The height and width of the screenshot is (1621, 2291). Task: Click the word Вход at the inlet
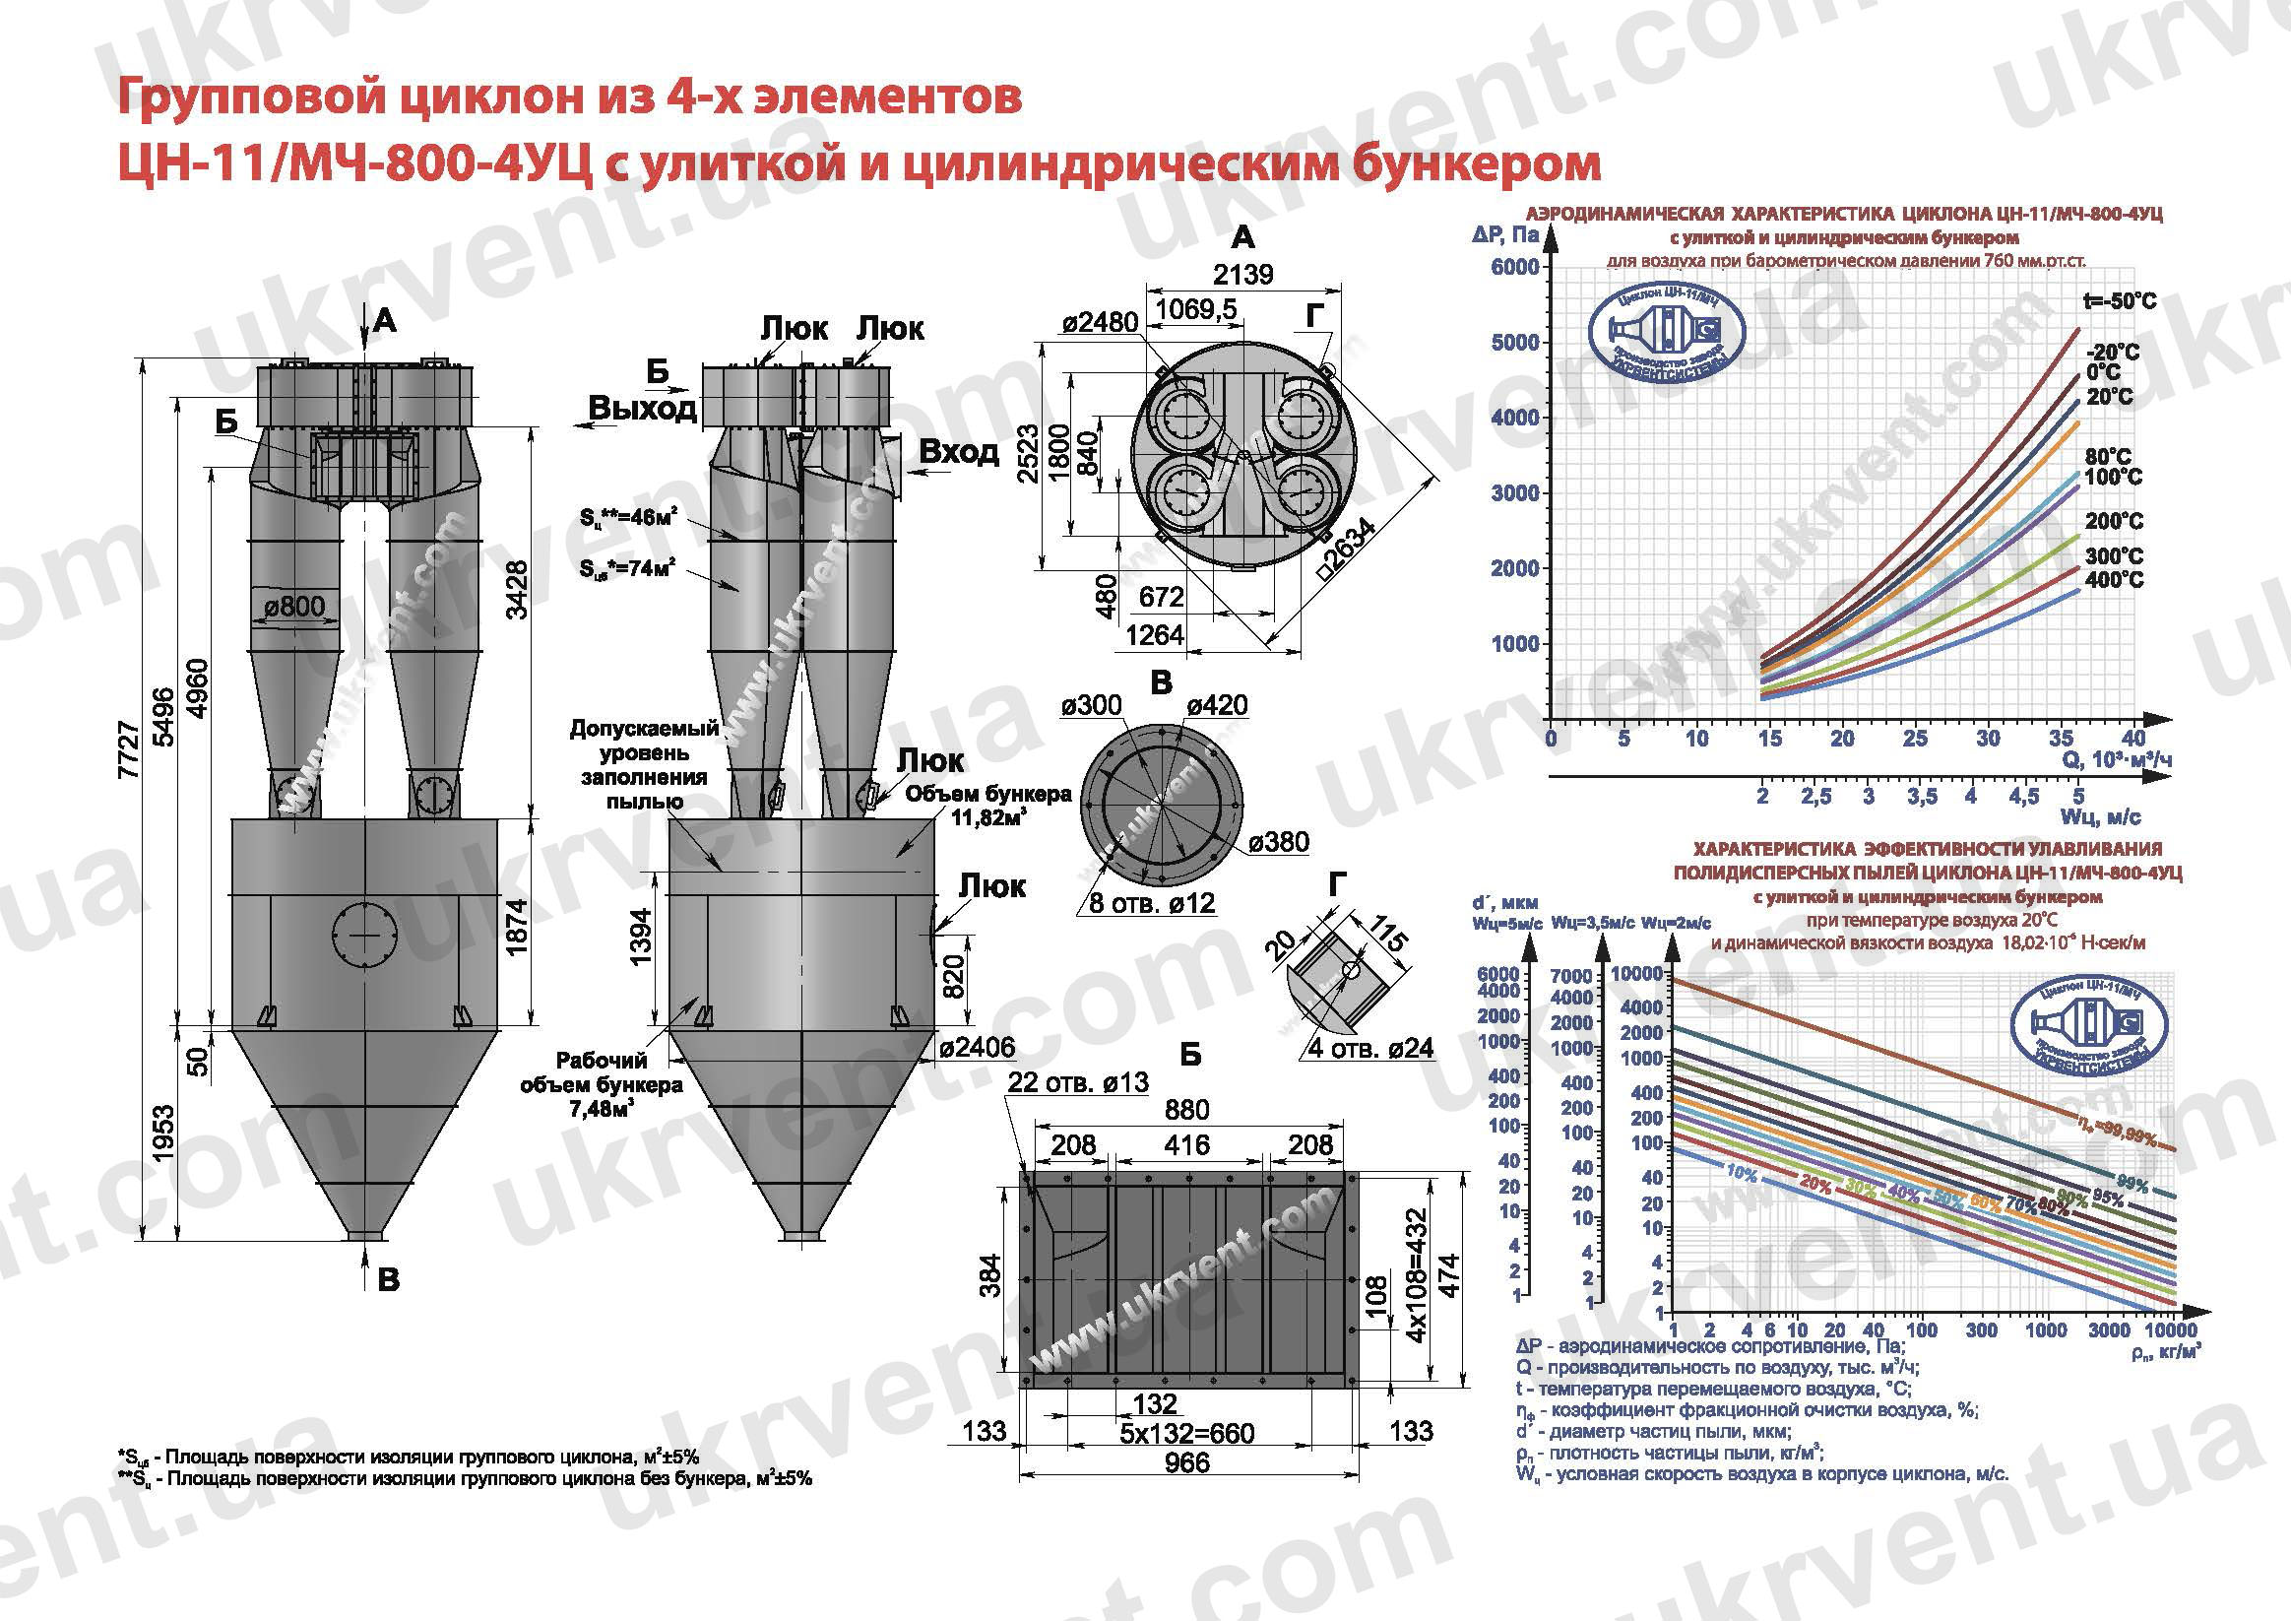point(958,452)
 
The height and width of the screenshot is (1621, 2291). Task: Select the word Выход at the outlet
point(642,408)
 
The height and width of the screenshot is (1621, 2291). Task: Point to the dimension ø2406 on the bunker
point(977,1047)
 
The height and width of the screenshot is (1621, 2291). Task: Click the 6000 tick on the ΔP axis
point(1514,268)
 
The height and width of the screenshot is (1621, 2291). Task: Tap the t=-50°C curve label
point(2120,300)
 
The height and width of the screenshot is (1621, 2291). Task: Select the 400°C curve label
point(2114,580)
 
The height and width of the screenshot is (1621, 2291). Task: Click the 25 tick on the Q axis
point(1915,739)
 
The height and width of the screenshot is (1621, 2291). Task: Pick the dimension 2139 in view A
point(1242,275)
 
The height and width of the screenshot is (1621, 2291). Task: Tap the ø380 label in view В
point(1277,841)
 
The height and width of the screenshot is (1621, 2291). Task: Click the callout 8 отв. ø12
point(1152,903)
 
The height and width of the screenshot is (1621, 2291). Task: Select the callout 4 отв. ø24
point(1370,1048)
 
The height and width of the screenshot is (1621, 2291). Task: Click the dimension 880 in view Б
point(1185,1109)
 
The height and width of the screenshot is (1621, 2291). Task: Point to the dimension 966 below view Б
point(1186,1462)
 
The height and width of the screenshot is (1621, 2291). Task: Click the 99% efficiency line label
point(2132,1184)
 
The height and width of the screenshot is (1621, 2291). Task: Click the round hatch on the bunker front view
point(364,936)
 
